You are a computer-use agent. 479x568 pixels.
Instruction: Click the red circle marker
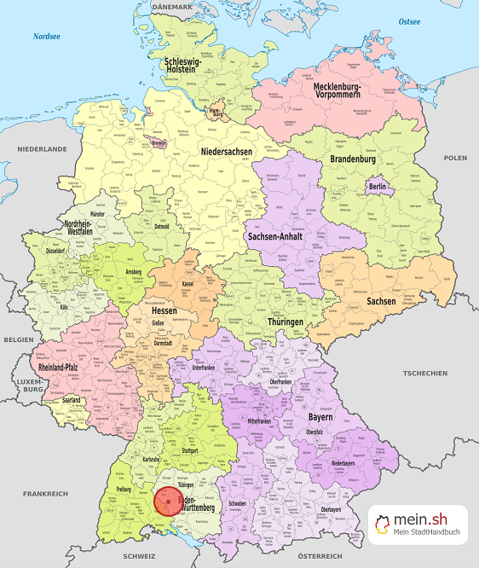click(x=168, y=501)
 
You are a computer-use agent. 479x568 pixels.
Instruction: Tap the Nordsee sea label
click(x=46, y=37)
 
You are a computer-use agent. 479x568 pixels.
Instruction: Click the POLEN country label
click(x=455, y=158)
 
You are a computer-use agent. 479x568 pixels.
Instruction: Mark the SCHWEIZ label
click(x=139, y=555)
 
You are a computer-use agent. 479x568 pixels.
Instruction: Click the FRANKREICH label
click(x=46, y=494)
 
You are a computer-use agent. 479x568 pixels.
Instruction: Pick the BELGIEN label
click(x=18, y=339)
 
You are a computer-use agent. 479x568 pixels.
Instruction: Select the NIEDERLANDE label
click(x=42, y=148)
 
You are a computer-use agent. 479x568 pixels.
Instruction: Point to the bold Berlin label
click(x=377, y=187)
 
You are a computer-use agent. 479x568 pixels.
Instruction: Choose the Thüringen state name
click(x=286, y=322)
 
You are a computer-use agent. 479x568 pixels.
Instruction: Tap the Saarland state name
click(x=72, y=399)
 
